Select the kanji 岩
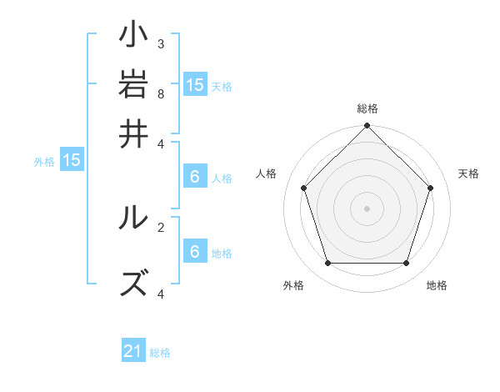pos(134,84)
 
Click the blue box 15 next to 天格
pos(195,84)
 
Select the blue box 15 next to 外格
pos(71,160)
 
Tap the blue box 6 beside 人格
pos(195,176)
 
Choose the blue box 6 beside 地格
pos(195,251)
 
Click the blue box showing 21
pos(133,351)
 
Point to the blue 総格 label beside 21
pos(160,353)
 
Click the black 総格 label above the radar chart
pos(367,108)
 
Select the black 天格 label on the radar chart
pos(468,173)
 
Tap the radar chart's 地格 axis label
pos(437,285)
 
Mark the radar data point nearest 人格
pos(304,188)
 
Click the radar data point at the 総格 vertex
pos(367,127)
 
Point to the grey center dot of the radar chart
pos(367,208)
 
